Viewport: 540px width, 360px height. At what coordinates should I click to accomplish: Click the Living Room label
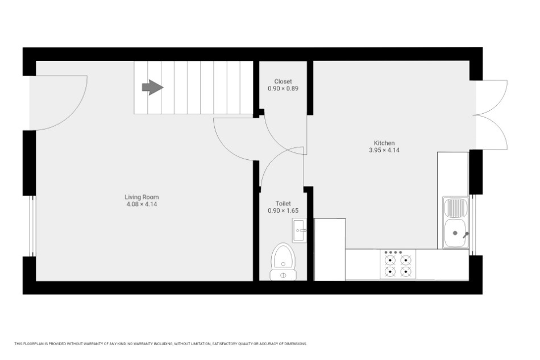coord(142,197)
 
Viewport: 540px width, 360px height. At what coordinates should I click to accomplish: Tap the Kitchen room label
coord(384,143)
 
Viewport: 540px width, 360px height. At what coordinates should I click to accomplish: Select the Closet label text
coord(283,81)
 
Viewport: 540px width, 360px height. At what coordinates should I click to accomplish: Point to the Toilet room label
coord(283,204)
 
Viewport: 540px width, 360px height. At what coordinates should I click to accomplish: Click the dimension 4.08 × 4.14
coord(142,204)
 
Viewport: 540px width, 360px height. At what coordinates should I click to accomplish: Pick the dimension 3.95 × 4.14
coord(384,150)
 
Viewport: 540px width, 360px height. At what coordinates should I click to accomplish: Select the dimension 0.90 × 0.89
coord(283,88)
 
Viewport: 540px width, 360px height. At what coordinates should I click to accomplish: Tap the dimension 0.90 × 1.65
coord(283,210)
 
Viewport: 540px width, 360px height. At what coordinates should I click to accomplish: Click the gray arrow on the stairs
coord(152,87)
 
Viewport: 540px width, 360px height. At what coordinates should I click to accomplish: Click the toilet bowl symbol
coord(283,262)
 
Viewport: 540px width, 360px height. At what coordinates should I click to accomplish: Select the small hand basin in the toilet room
coord(299,230)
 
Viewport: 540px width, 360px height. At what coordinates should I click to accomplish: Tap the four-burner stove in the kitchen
coord(398,264)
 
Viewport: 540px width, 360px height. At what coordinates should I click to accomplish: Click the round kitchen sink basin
coord(455,234)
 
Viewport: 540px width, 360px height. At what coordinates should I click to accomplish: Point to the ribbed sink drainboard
coord(455,208)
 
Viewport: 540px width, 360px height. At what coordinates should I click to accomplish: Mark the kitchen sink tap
coord(466,235)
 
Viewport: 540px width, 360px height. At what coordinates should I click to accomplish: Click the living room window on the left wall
coord(32,226)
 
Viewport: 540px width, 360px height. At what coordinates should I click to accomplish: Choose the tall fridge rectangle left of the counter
coord(330,250)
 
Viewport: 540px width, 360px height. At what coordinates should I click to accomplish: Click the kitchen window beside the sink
coord(472,225)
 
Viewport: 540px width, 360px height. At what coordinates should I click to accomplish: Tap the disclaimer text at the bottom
coord(160,344)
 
